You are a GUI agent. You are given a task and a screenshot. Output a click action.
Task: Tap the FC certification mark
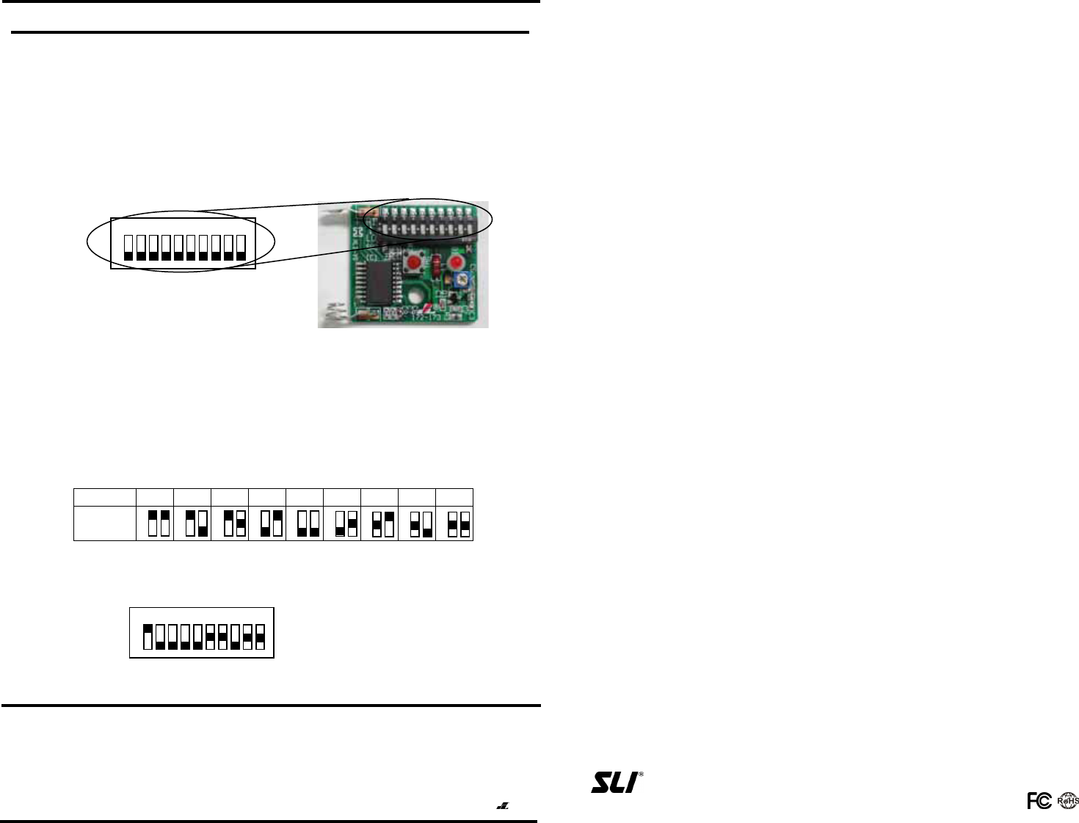coord(1039,802)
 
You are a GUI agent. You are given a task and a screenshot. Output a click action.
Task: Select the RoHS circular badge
coord(1067,802)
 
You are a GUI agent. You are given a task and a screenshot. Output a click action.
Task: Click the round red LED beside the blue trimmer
coord(457,263)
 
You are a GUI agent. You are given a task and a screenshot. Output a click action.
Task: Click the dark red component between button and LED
coord(437,264)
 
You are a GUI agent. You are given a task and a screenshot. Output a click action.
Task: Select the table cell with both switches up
coord(155,523)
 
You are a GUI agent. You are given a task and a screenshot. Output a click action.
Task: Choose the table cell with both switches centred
coord(454,523)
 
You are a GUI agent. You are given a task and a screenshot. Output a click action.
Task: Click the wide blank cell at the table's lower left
coord(105,523)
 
